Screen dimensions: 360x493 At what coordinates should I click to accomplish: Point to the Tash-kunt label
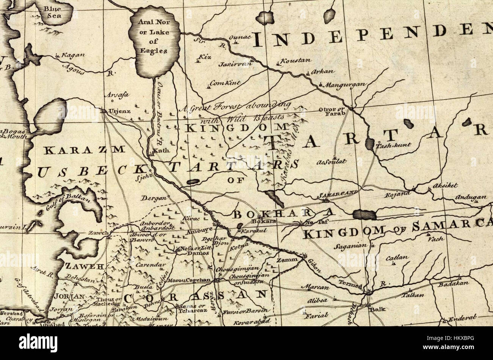point(388,145)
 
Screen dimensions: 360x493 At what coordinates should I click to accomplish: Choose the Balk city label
point(377,309)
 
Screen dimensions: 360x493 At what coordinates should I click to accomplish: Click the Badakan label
point(454,283)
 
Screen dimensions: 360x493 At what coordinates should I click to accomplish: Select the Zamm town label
point(284,260)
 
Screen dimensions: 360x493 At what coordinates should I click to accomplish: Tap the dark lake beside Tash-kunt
point(370,144)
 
